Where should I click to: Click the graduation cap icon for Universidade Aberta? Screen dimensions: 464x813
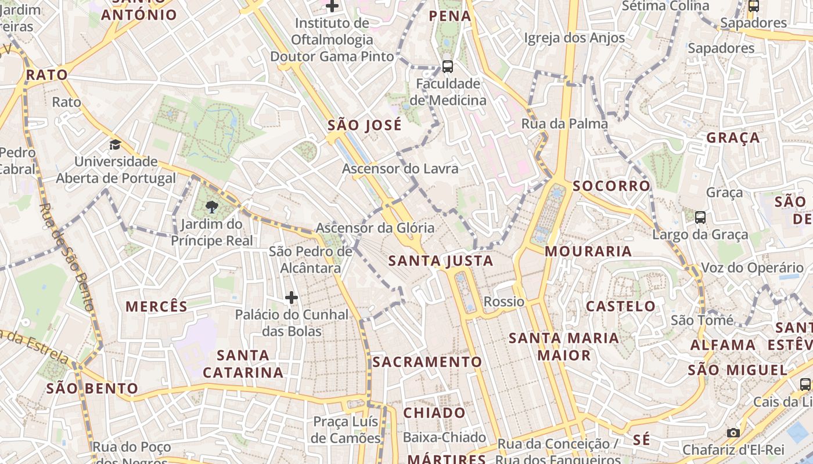click(116, 144)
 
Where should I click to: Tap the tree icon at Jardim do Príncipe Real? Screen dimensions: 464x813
click(212, 206)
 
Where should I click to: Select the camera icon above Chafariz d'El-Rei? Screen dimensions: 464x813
click(733, 433)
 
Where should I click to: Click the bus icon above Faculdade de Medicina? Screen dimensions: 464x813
click(447, 66)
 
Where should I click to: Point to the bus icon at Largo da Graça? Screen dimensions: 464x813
click(700, 217)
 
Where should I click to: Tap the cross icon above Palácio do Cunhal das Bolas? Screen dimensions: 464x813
click(292, 298)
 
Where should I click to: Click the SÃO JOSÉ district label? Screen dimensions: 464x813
click(364, 125)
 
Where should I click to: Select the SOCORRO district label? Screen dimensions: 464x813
click(611, 186)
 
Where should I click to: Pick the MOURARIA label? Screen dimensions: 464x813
click(588, 251)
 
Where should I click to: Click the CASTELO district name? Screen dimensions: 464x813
click(620, 306)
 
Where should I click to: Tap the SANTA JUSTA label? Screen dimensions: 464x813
click(441, 261)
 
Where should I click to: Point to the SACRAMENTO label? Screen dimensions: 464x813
click(427, 362)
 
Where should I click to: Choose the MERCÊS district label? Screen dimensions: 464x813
click(157, 307)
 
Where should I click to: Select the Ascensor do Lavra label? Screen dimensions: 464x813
click(400, 169)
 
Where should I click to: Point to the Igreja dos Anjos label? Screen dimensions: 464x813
click(574, 38)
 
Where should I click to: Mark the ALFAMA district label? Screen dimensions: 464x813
click(723, 345)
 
